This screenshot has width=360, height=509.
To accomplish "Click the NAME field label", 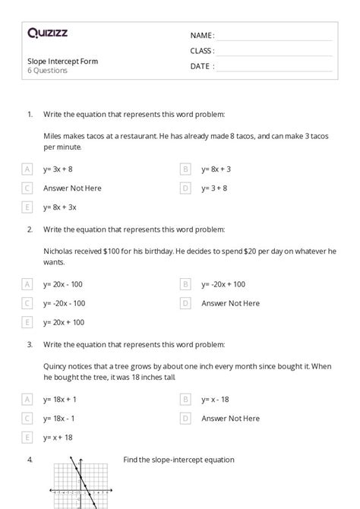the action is tap(201, 36).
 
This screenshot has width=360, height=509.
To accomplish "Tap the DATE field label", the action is tap(201, 66).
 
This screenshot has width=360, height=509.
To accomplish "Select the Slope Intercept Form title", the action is tap(62, 61).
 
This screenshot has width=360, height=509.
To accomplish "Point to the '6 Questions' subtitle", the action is tap(47, 71).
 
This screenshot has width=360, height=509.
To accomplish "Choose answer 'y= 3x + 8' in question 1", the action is tap(58, 169).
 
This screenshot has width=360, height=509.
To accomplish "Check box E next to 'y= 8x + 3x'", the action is tap(28, 207).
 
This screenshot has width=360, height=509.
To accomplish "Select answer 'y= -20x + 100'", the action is tap(223, 284).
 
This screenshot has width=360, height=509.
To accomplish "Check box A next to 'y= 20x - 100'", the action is tap(28, 284).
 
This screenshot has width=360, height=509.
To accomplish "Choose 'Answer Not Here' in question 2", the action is tap(230, 303).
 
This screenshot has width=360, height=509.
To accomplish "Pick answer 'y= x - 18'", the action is tap(215, 399).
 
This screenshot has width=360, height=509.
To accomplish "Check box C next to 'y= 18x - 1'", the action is tap(28, 418).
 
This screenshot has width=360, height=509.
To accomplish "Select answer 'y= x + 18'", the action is tap(58, 437).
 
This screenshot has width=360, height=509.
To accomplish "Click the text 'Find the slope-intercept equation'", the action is tap(178, 460).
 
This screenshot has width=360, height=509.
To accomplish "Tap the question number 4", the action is tap(30, 460).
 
